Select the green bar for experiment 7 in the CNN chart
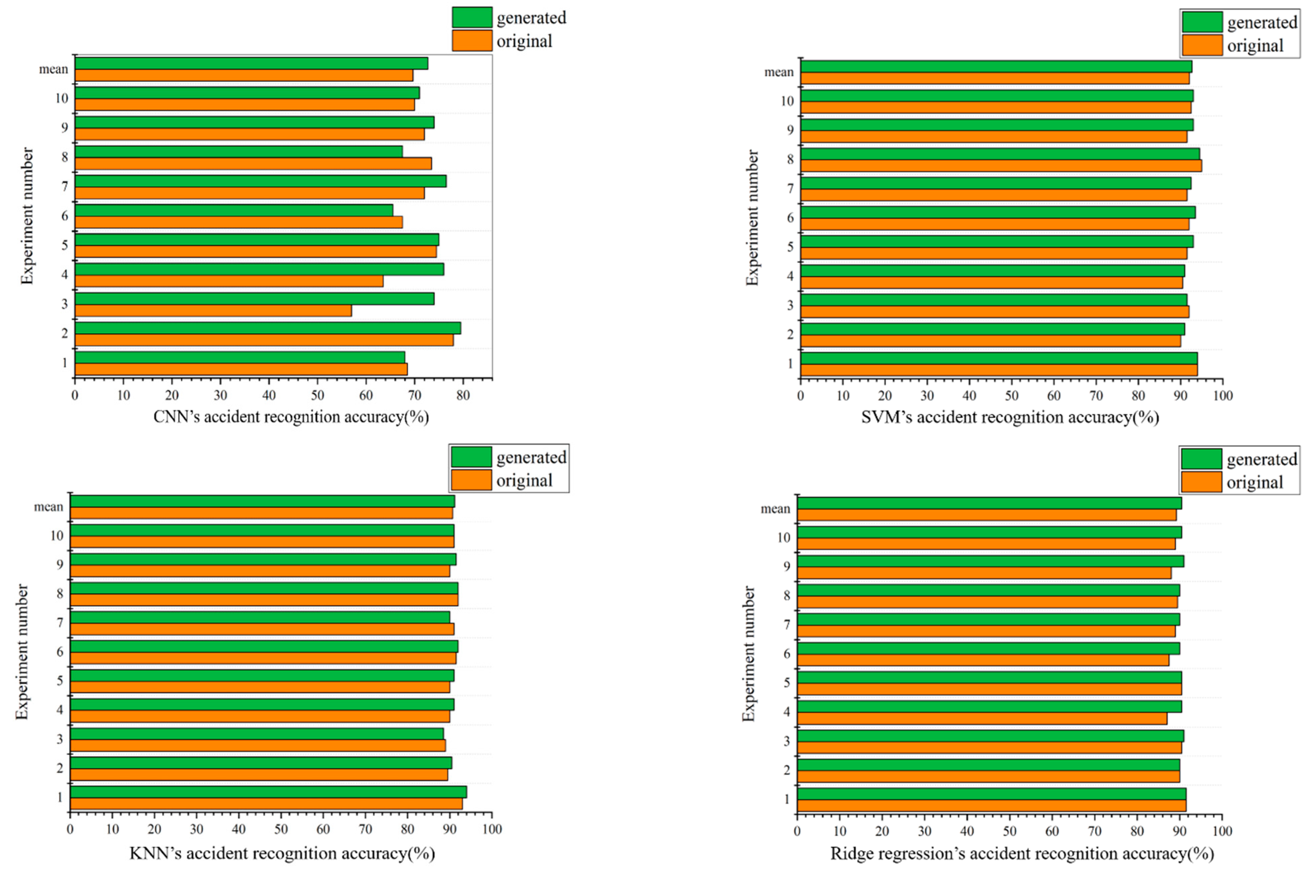click(x=261, y=181)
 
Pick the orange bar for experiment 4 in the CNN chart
click(x=229, y=281)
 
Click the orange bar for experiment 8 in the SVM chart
click(x=1001, y=166)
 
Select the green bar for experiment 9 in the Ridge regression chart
click(x=990, y=561)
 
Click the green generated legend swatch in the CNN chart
click(x=472, y=17)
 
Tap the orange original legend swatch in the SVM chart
click(x=1202, y=45)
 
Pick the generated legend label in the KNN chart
click(x=531, y=457)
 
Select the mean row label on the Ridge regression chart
click(x=775, y=509)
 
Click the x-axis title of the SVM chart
click(x=1010, y=418)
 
